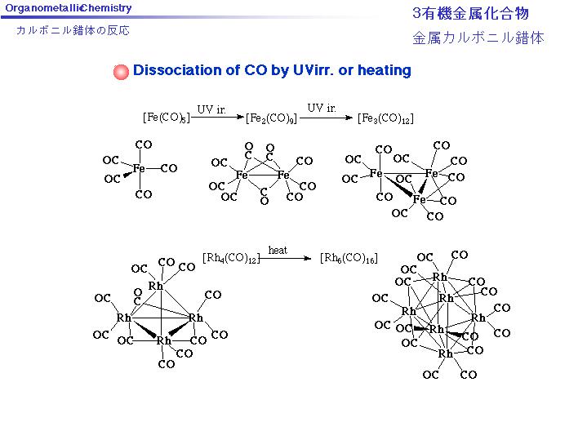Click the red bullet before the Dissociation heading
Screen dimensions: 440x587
[x=121, y=71]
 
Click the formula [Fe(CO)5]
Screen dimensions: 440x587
[x=167, y=117]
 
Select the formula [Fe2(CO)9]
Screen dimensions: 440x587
[x=270, y=118]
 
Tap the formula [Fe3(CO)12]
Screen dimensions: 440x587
[x=385, y=118]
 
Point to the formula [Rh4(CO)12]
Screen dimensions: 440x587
[x=230, y=259]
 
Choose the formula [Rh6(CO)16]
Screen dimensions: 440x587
[x=349, y=259]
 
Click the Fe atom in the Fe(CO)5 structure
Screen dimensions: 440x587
[x=139, y=168]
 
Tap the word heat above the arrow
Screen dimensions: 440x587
[x=278, y=250]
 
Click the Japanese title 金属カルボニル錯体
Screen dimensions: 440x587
[x=478, y=38]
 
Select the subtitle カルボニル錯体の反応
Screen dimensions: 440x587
[x=73, y=31]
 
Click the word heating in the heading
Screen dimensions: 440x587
[x=384, y=70]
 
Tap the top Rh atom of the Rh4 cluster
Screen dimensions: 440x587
[x=156, y=286]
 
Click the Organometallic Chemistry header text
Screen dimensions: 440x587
[x=69, y=8]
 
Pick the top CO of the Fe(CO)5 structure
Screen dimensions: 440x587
[x=144, y=144]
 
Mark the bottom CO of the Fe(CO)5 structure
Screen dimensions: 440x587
[x=144, y=194]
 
